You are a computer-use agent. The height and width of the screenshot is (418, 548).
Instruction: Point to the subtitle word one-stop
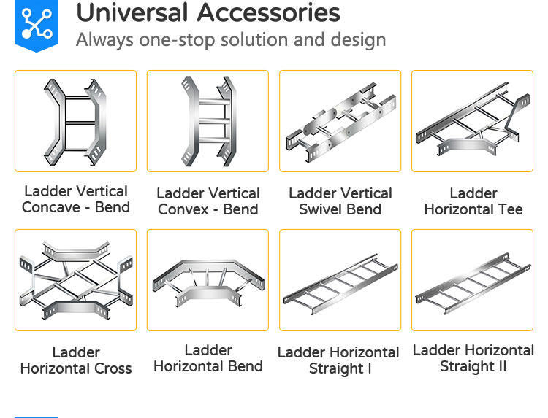[206, 39]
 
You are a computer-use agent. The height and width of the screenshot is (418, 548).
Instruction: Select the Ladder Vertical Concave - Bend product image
[75, 121]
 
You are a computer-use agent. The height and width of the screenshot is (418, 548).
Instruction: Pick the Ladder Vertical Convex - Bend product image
[208, 121]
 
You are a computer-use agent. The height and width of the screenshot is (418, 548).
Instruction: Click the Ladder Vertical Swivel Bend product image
[340, 121]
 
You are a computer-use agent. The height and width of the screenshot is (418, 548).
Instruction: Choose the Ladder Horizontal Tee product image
[472, 121]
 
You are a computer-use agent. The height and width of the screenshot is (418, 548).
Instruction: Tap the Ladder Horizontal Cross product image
[75, 280]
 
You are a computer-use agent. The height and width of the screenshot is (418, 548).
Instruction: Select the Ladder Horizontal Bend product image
[208, 280]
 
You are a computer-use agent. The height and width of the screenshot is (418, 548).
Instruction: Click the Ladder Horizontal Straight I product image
[340, 280]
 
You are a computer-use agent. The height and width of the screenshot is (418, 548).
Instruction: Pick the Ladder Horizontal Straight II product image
[472, 280]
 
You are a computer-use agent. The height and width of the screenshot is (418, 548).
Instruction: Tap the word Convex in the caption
[183, 210]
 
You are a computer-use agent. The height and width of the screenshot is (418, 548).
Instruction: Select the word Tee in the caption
[509, 209]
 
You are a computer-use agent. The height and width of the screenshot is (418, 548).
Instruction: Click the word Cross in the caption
[113, 368]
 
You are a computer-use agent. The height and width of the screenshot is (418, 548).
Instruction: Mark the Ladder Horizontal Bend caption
[208, 358]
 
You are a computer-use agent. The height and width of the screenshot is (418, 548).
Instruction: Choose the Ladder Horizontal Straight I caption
[340, 360]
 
